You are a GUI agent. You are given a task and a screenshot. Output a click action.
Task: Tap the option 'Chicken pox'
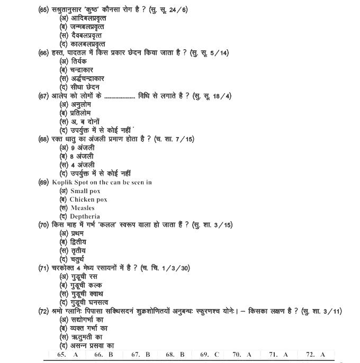pyautogui.click(x=88, y=199)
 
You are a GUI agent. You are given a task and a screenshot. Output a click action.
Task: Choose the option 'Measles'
pyautogui.click(x=83, y=208)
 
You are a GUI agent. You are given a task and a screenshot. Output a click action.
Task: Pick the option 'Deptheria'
pyautogui.click(x=85, y=216)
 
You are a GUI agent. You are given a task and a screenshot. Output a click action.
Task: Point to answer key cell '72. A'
pyautogui.click(x=316, y=355)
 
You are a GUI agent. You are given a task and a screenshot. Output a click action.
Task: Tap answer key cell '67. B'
pyautogui.click(x=140, y=355)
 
